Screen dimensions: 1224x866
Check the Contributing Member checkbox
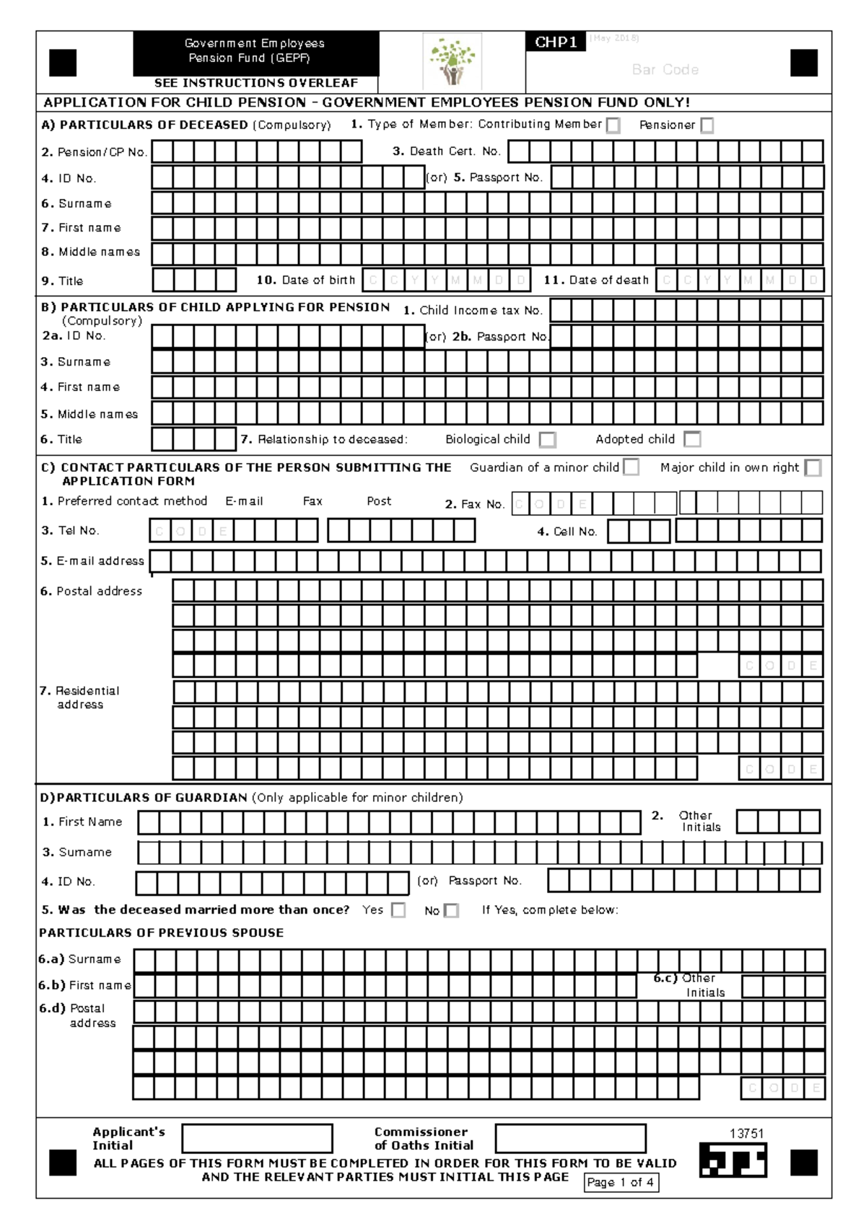tap(613, 126)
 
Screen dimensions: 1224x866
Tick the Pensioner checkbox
tap(707, 126)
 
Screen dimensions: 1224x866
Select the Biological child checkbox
tap(548, 440)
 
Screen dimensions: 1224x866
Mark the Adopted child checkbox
tap(692, 439)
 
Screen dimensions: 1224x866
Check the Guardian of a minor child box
tap(631, 467)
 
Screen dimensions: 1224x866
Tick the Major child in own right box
tap(813, 468)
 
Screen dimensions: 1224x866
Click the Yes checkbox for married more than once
tap(398, 910)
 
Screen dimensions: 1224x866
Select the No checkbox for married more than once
tap(451, 911)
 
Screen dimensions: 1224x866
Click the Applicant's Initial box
tap(257, 1138)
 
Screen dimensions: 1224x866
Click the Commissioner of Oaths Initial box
tap(570, 1138)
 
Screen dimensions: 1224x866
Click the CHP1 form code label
tap(556, 43)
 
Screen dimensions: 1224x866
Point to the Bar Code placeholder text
tap(665, 70)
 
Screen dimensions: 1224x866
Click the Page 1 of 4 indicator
tap(621, 1182)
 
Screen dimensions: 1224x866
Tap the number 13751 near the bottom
tap(746, 1133)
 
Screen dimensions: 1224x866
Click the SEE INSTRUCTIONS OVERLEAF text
tap(255, 83)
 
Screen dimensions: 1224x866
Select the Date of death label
tap(596, 280)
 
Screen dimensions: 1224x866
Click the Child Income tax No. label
tap(473, 310)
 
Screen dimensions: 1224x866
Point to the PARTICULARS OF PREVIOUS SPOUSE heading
tap(161, 933)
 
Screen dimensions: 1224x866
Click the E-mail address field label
tap(92, 561)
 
